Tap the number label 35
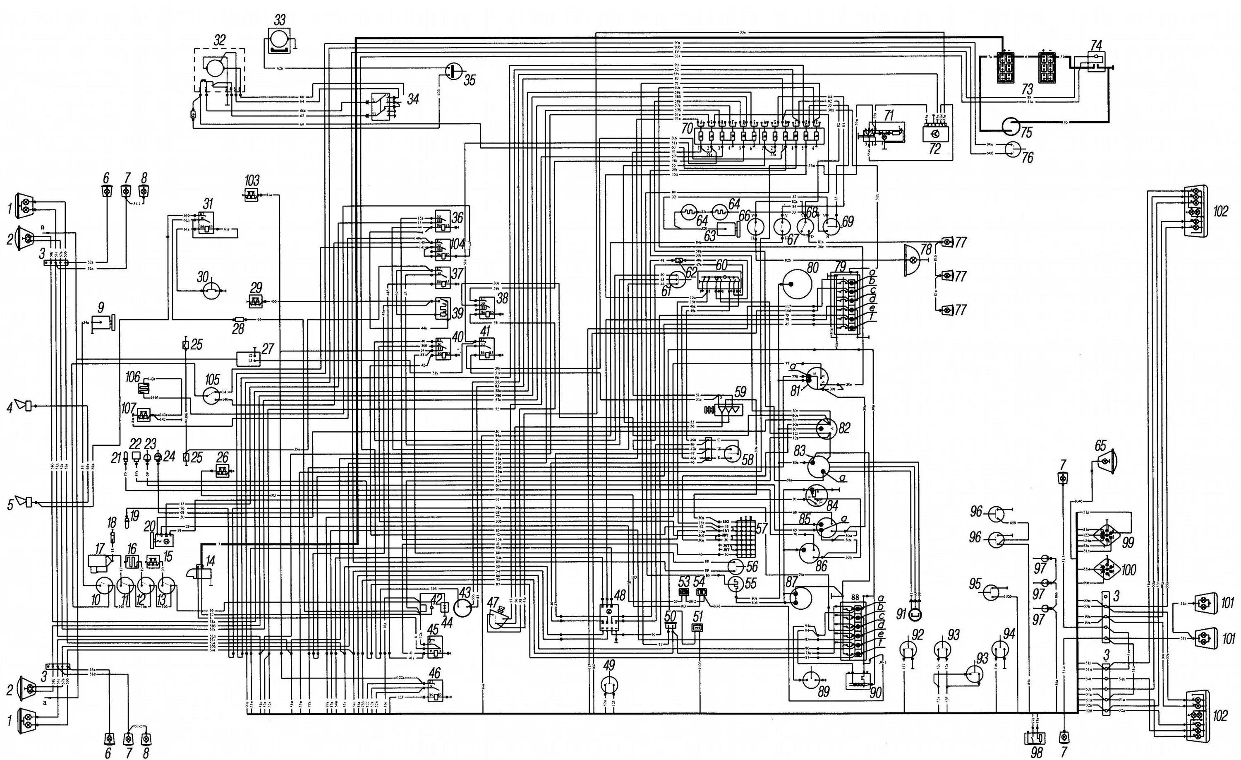point(469,79)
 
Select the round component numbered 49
point(610,684)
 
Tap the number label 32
point(219,40)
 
